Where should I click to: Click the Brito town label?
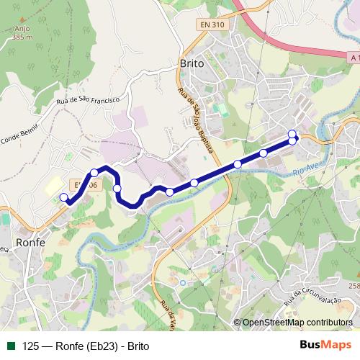tap(191, 63)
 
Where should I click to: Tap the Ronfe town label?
tap(30, 243)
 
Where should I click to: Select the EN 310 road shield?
tap(214, 24)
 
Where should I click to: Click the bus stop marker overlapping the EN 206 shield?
tap(94, 173)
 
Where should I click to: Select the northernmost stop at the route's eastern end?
tap(292, 133)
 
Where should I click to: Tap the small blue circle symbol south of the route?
tap(183, 282)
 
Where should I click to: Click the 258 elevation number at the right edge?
tap(354, 286)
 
